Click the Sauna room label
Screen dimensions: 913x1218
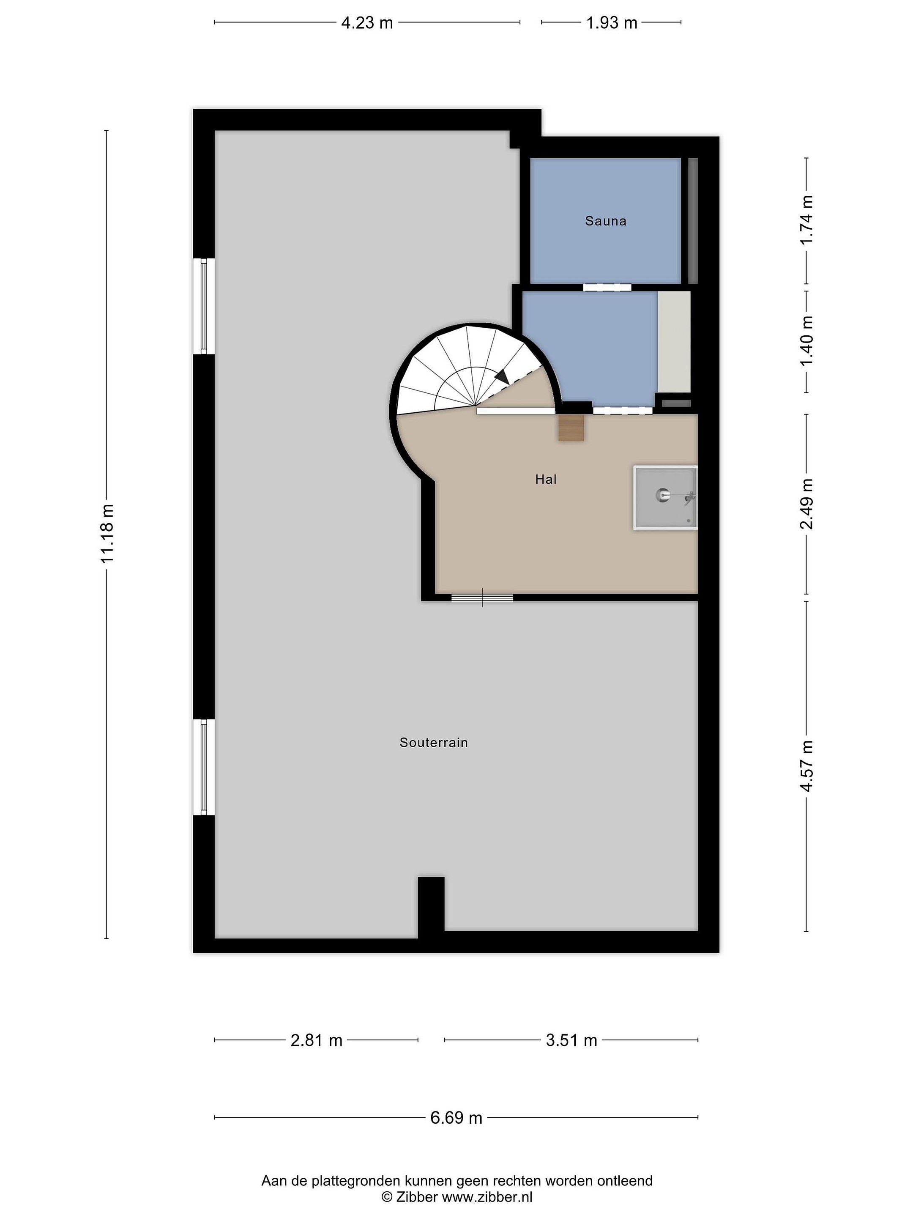(605, 221)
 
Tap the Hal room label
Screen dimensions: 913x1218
(546, 479)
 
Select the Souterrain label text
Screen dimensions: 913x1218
(434, 742)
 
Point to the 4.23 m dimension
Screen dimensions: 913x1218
(367, 22)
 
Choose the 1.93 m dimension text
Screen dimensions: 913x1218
(612, 22)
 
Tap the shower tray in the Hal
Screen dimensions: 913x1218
(665, 498)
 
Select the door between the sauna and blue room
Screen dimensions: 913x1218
(607, 287)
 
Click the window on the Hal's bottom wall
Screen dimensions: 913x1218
(482, 598)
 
